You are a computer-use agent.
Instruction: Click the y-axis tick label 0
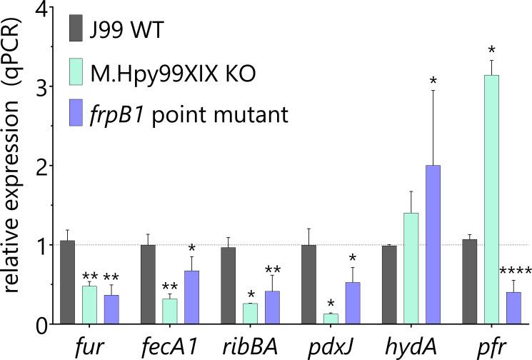(37, 324)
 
